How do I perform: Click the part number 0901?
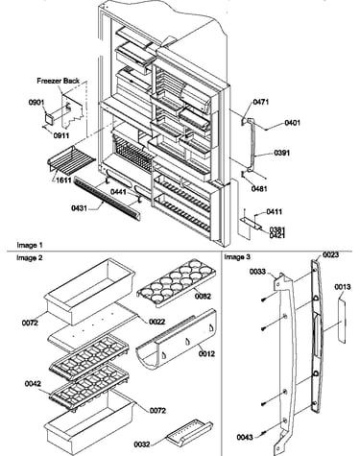point(36,103)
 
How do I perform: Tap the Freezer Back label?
point(58,81)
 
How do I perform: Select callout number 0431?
point(79,208)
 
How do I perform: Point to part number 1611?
point(63,180)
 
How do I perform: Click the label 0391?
point(282,153)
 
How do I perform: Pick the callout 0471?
point(261,102)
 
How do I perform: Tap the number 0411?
point(275,211)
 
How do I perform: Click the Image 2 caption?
point(30,257)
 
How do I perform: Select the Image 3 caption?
point(237,257)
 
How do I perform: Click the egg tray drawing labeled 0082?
point(176,281)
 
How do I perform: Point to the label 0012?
point(206,353)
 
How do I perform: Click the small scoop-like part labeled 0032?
point(189,433)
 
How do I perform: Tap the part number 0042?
point(33,383)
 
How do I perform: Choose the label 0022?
point(157,322)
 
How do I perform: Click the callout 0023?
point(330,254)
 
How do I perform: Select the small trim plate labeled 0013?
point(342,321)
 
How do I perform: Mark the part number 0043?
point(245,437)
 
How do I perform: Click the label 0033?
point(257,272)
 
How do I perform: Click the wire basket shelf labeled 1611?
point(71,160)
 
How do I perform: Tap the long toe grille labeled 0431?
point(108,199)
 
